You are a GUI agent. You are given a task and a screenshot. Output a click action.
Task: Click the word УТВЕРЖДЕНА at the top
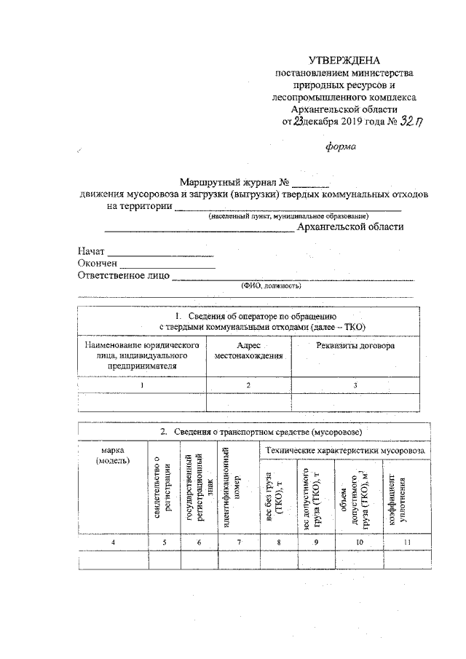[x=344, y=60]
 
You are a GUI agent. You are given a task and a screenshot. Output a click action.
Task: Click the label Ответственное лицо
[x=123, y=275]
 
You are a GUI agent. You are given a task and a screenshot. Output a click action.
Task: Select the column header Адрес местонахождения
[x=248, y=350]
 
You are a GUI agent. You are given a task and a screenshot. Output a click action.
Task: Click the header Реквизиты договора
[x=355, y=345]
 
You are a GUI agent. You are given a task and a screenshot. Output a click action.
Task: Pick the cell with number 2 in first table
[x=248, y=384]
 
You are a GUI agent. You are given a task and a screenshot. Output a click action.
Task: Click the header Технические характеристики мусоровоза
[x=345, y=451]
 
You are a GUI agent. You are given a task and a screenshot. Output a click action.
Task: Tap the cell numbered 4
[x=112, y=542]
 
